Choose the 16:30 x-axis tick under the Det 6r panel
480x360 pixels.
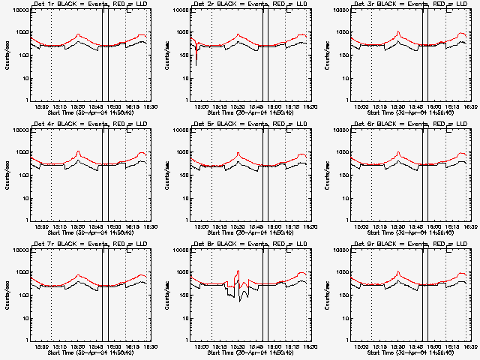pos(469,226)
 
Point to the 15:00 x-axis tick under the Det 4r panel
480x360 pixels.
pos(42,226)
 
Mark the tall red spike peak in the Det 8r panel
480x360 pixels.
pos(238,271)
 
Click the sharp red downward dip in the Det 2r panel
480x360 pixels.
pos(196,64)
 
